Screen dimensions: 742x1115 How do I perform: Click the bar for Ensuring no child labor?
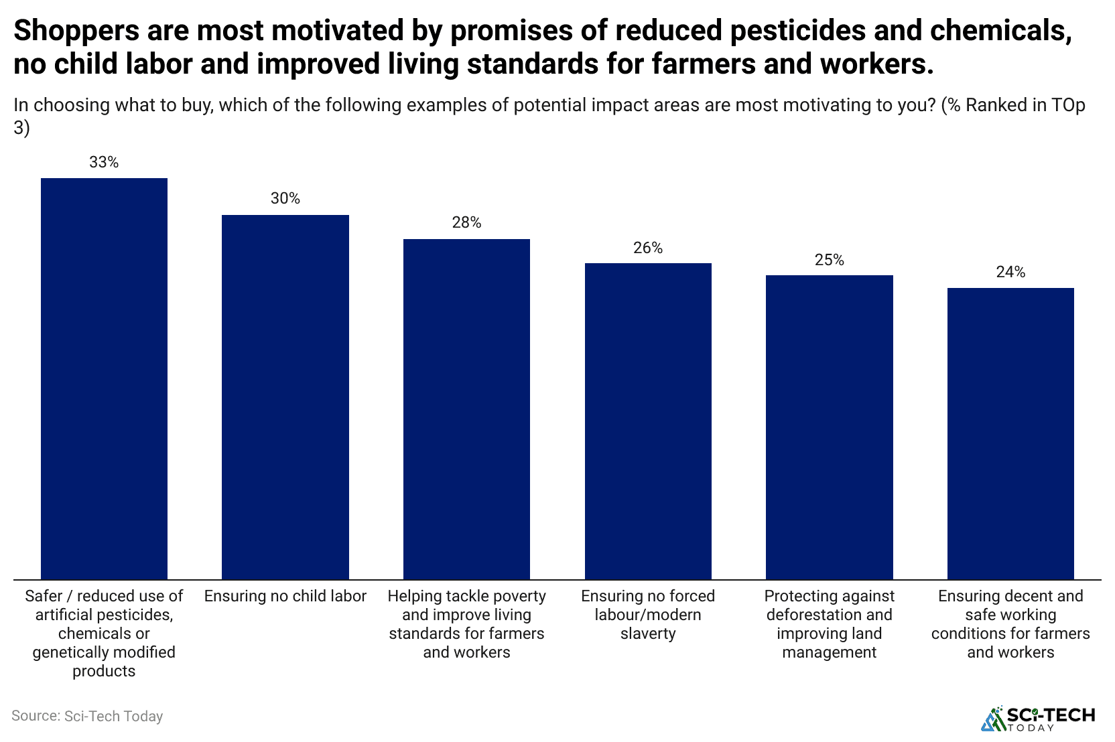pos(285,396)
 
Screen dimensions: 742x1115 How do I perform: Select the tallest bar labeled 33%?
pos(104,378)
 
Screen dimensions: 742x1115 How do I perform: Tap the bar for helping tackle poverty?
pos(466,409)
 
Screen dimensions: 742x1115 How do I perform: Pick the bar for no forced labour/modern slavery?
pos(648,421)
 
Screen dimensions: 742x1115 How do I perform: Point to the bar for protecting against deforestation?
pos(830,427)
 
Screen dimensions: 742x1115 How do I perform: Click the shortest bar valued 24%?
pos(1010,433)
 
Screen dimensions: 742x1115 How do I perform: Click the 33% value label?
pos(104,162)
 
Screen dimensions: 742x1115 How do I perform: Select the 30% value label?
pos(285,198)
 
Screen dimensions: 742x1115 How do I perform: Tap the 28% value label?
pos(466,222)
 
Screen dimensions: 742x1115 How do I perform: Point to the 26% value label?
pos(648,248)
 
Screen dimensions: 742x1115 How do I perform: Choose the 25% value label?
pos(830,260)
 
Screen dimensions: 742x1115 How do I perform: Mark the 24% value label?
pos(1010,272)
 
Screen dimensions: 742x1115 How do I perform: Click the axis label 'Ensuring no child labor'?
pos(285,596)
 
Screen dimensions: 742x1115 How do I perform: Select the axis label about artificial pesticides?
pos(104,633)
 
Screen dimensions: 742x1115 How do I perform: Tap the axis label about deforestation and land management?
pos(830,623)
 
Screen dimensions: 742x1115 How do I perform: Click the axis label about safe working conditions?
pos(1010,623)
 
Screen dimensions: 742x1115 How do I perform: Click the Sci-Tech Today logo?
pos(1039,718)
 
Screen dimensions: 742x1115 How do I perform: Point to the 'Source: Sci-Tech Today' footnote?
pos(87,716)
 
